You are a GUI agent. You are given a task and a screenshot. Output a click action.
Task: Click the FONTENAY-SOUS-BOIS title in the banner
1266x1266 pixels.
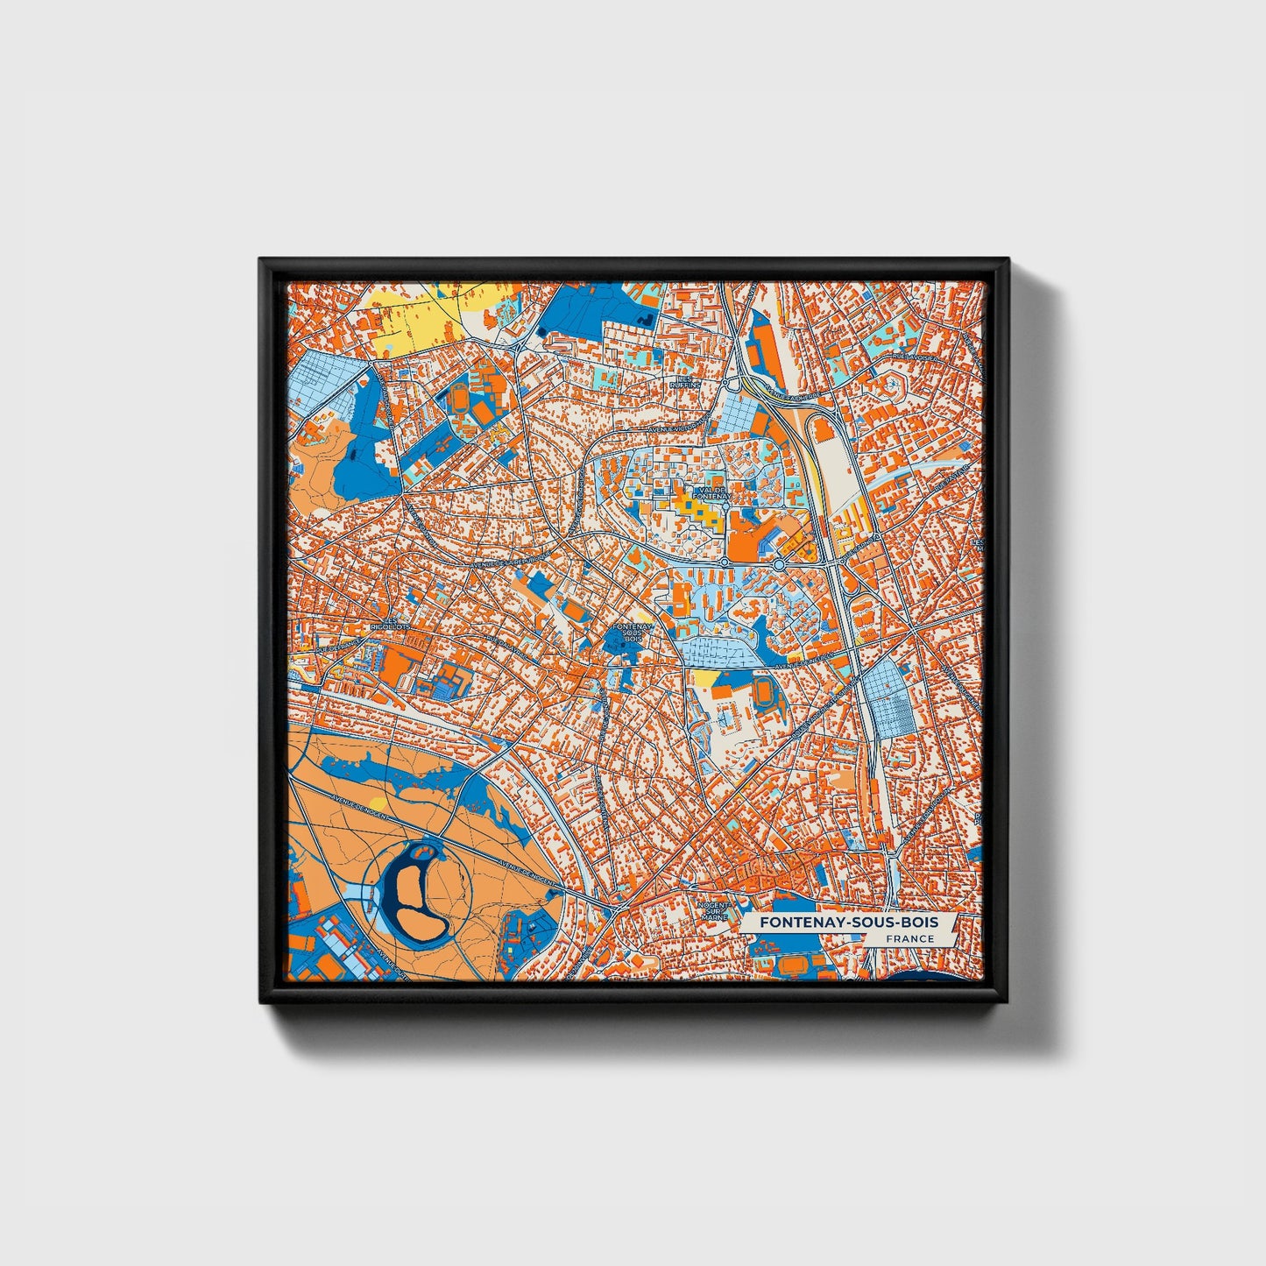point(848,923)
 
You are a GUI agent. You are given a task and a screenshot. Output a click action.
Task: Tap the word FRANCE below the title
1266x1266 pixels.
point(909,938)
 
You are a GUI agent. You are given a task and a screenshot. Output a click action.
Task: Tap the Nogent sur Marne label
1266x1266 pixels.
point(714,911)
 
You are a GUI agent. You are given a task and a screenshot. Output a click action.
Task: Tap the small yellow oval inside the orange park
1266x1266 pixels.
point(377,801)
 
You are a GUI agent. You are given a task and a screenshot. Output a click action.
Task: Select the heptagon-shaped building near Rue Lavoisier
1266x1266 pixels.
point(895,384)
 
